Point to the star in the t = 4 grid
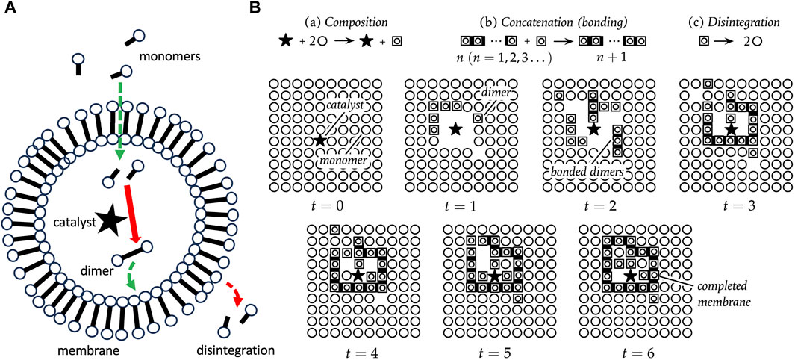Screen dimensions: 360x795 point(358,275)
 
